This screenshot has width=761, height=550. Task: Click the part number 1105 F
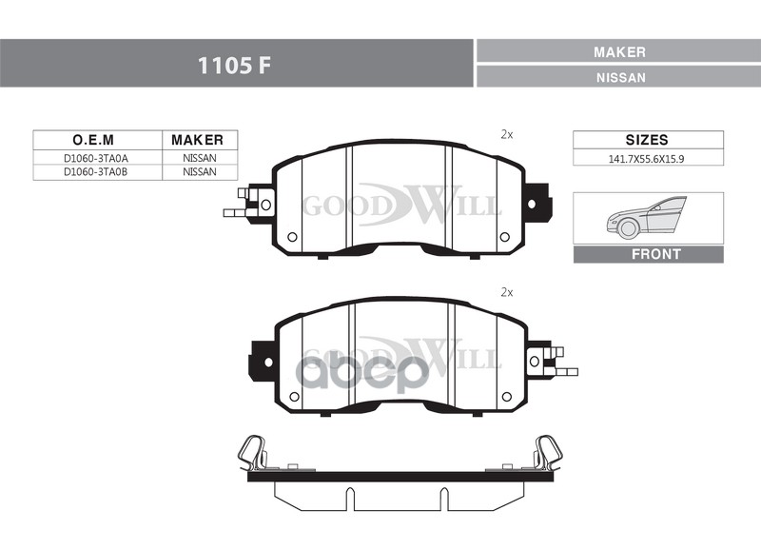click(x=233, y=65)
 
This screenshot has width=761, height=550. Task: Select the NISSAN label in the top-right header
click(x=621, y=78)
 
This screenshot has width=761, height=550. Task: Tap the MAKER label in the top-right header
click(x=620, y=52)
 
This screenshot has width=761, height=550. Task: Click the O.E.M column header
click(x=93, y=140)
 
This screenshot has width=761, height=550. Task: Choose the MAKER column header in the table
click(x=197, y=140)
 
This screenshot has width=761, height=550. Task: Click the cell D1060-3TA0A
click(x=96, y=158)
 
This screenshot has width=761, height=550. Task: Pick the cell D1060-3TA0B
click(x=96, y=172)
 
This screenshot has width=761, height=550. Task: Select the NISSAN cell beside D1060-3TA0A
click(x=200, y=158)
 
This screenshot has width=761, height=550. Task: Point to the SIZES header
click(x=647, y=140)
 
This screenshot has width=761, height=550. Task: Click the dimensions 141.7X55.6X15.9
click(x=647, y=159)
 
